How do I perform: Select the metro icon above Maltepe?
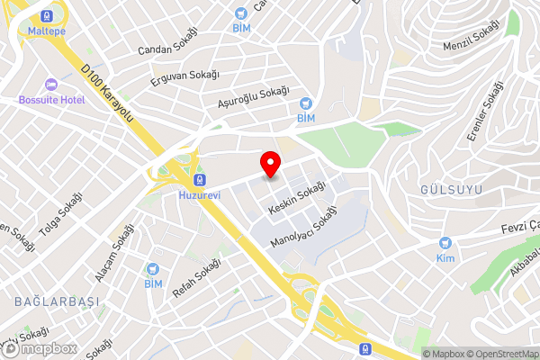(x=46, y=15)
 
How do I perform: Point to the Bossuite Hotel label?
(x=51, y=99)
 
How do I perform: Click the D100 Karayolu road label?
(x=107, y=94)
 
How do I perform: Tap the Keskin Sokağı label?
(x=297, y=200)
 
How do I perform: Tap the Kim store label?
(x=444, y=258)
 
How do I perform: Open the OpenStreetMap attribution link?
(x=501, y=354)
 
